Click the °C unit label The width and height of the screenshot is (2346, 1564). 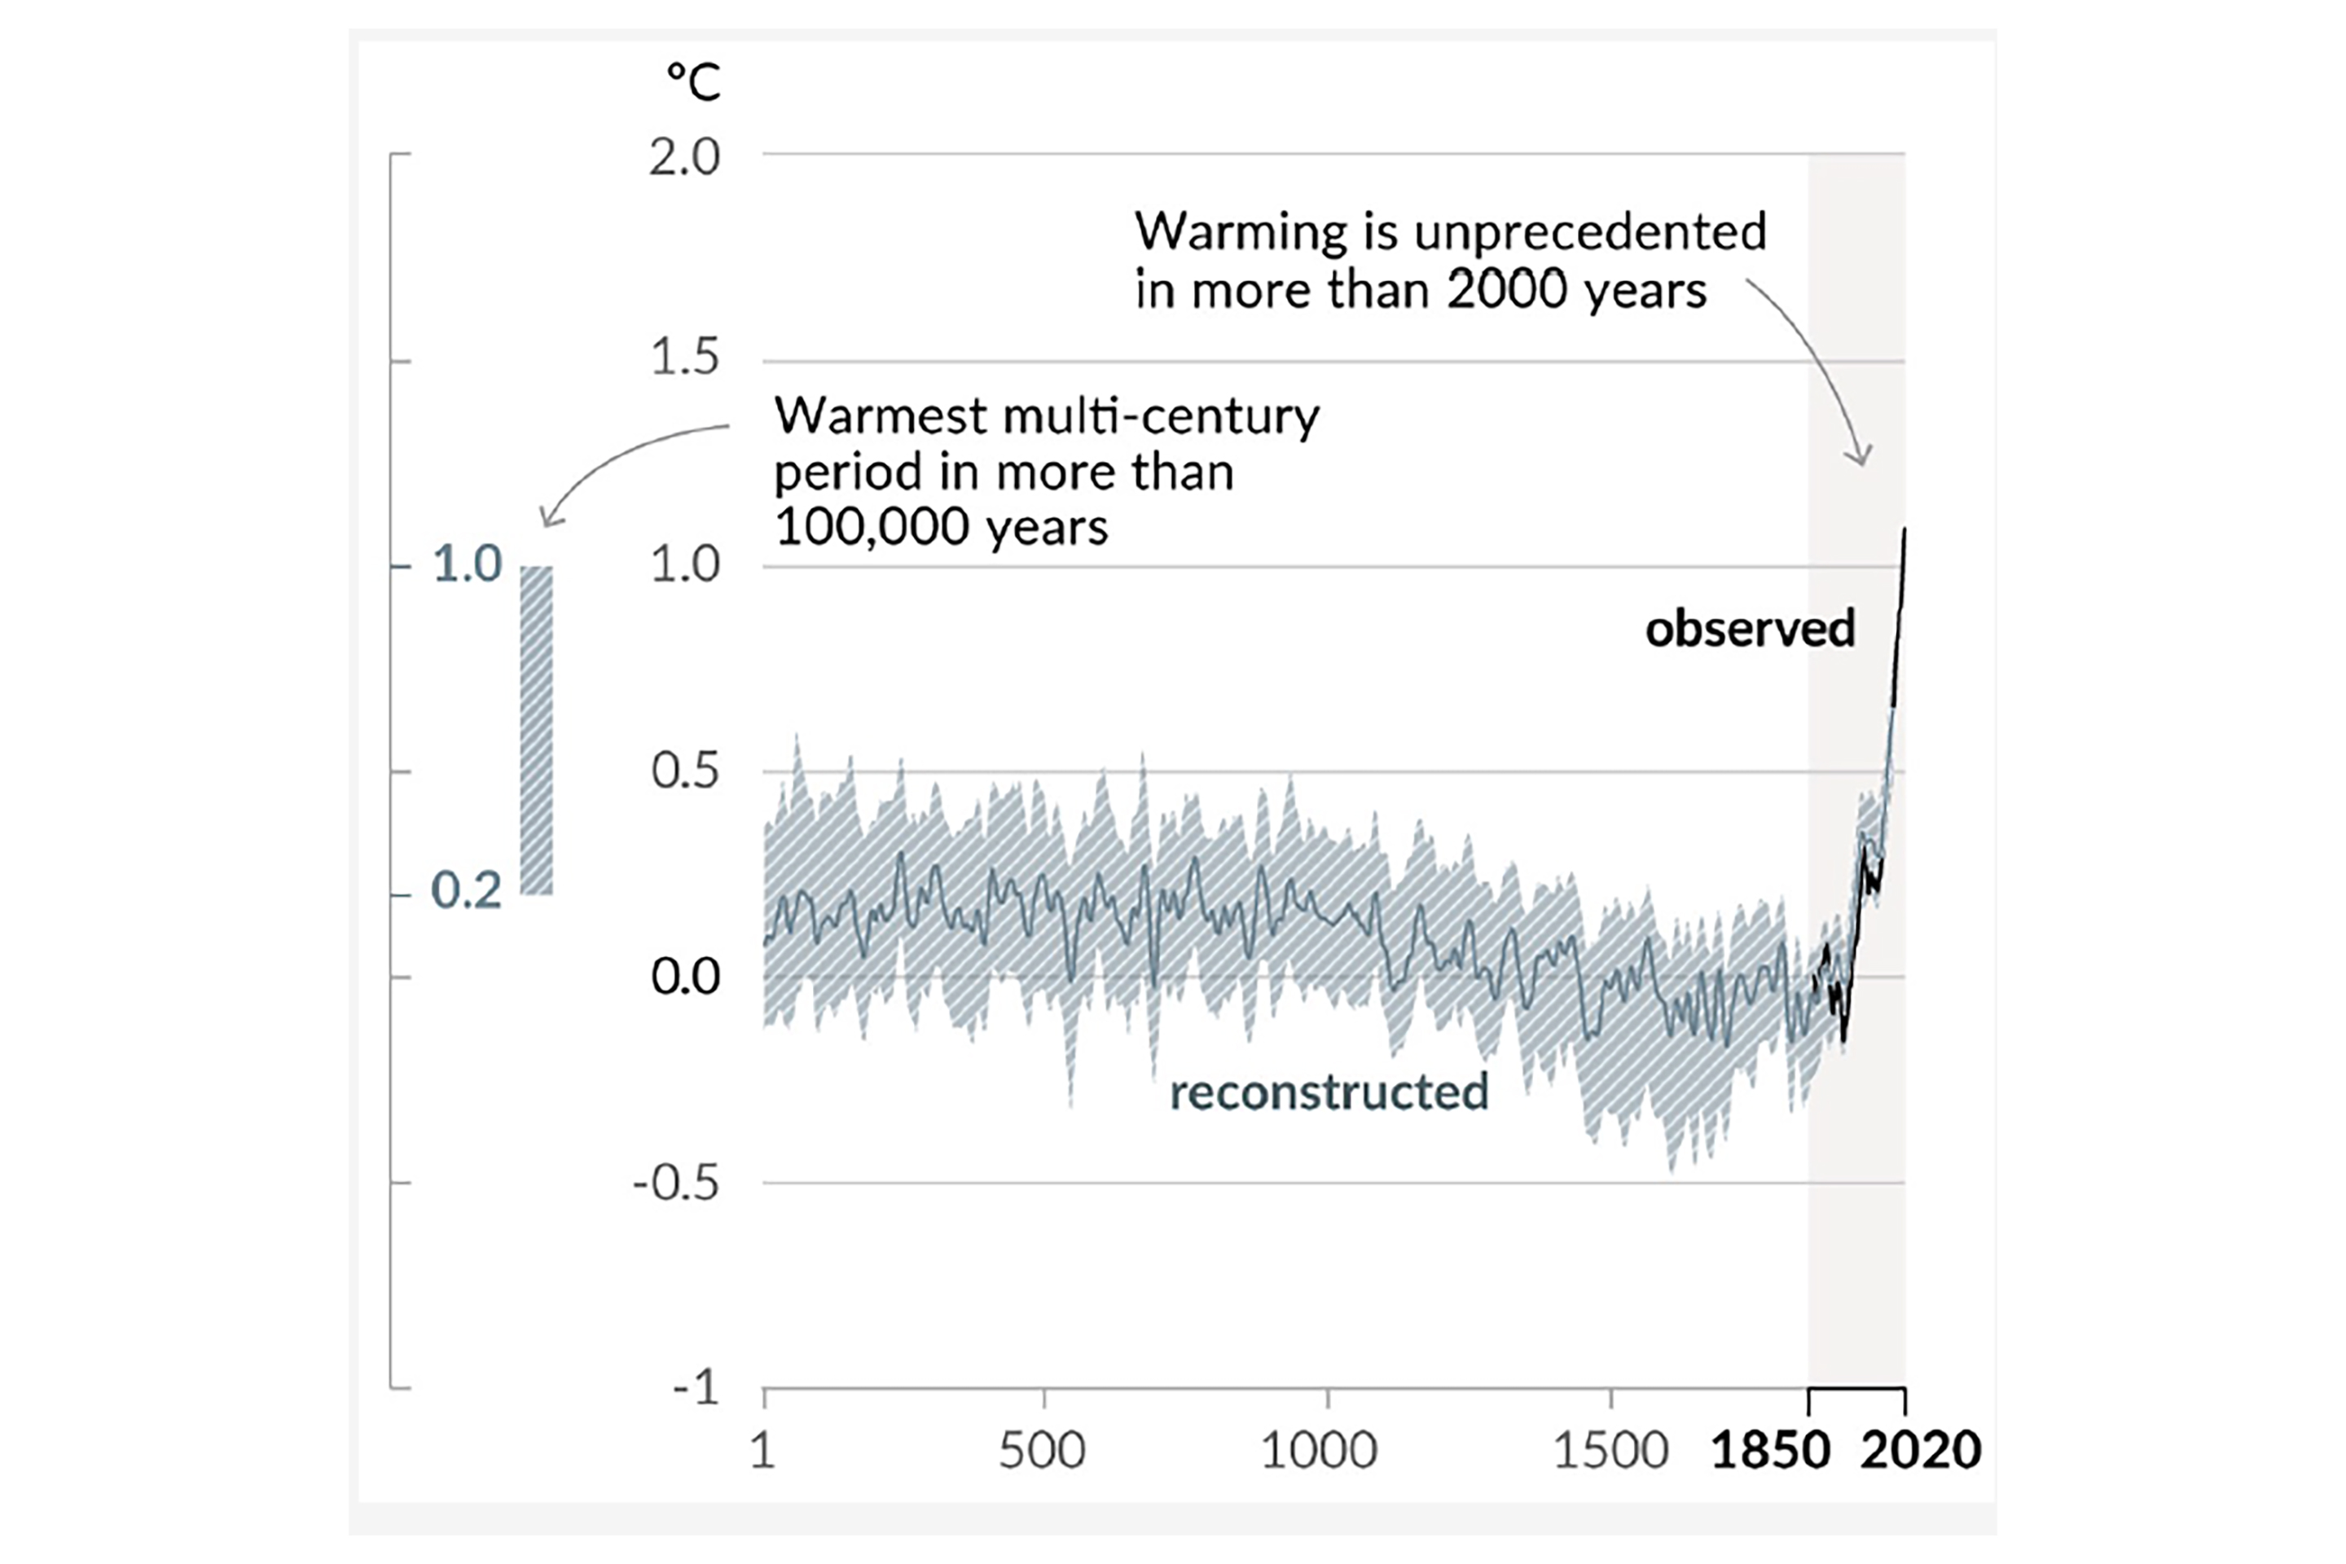point(693,81)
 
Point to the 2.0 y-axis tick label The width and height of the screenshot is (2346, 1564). point(684,157)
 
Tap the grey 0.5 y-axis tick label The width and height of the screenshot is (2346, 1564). point(684,771)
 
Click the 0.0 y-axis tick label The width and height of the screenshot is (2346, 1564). point(684,977)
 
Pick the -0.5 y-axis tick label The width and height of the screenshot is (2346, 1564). point(676,1183)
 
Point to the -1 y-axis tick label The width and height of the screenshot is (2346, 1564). point(695,1387)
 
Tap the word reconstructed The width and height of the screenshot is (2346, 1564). point(1329,1092)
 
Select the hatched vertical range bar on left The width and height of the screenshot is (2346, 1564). point(537,730)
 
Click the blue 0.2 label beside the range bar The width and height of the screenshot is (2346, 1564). point(466,890)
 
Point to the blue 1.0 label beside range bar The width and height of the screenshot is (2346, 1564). point(467,565)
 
